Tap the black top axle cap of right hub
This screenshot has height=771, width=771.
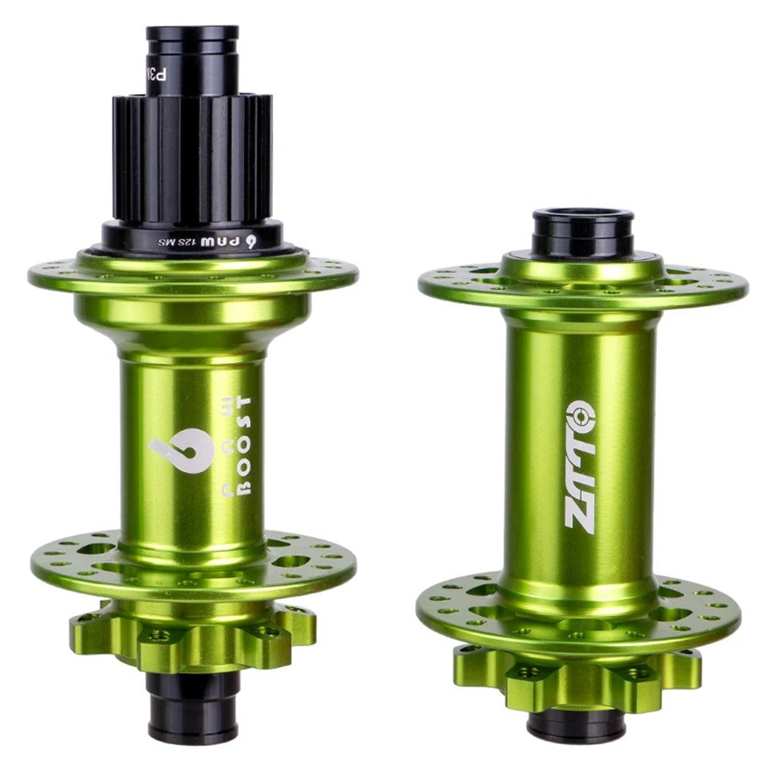click(x=581, y=231)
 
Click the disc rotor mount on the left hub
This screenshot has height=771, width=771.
click(x=193, y=640)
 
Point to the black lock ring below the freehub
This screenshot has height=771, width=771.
click(x=193, y=235)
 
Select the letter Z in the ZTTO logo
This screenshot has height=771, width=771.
click(x=580, y=513)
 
